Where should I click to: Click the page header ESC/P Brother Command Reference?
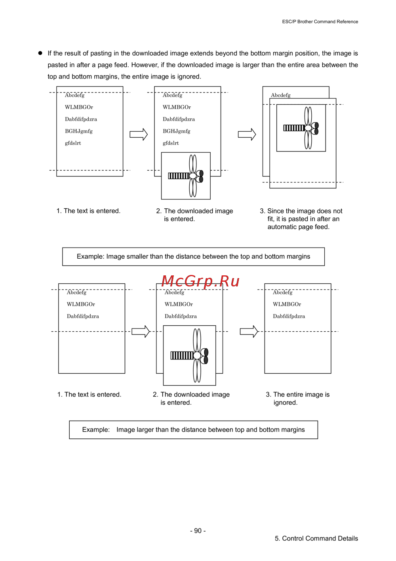point(320,21)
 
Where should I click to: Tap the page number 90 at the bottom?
point(198,530)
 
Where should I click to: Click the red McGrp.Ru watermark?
point(200,281)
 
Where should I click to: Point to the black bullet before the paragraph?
point(40,53)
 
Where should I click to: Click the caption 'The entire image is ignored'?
point(297,398)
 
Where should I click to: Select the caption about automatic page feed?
point(301,219)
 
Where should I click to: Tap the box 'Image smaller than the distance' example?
point(193,256)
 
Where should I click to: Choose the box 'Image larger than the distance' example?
point(193,430)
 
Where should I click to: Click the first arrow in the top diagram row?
point(139,134)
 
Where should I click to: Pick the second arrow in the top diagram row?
point(247,134)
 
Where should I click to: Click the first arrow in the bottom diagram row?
point(141,331)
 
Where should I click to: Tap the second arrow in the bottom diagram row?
point(249,331)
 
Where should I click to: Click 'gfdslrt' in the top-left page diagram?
point(73,143)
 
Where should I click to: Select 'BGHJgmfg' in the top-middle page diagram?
point(177,131)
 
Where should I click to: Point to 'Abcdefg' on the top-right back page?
point(280,95)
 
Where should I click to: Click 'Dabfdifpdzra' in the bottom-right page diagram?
point(289,316)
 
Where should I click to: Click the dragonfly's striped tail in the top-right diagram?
point(294,128)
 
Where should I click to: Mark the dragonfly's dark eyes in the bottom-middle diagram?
point(206,356)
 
